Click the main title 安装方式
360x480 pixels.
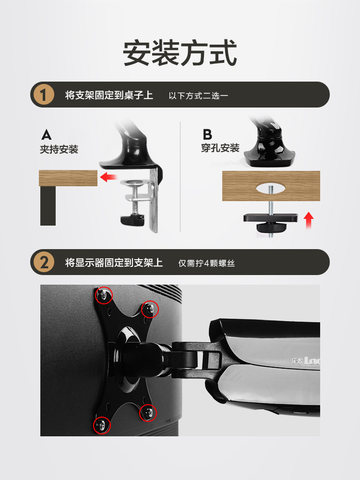pyautogui.click(x=180, y=53)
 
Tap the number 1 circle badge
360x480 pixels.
pyautogui.click(x=44, y=95)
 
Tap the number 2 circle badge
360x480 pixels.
pyautogui.click(x=44, y=262)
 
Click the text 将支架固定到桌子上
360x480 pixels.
pyautogui.click(x=109, y=95)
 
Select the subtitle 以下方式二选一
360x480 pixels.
pyautogui.click(x=198, y=96)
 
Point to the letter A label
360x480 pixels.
pyautogui.click(x=46, y=134)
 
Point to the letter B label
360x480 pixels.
pyautogui.click(x=207, y=134)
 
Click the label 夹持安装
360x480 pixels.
pyautogui.click(x=59, y=149)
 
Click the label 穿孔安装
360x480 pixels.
pyautogui.click(x=220, y=148)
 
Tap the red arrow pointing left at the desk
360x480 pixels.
pyautogui.click(x=108, y=177)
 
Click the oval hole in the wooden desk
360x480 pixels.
pyautogui.click(x=269, y=189)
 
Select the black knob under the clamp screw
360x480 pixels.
pyautogui.click(x=132, y=220)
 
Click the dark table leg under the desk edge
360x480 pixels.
pyautogui.click(x=48, y=206)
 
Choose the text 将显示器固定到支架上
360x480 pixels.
pyautogui.click(x=114, y=263)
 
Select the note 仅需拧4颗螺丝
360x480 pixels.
pyautogui.click(x=206, y=263)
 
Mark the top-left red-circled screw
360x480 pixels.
pyautogui.click(x=104, y=295)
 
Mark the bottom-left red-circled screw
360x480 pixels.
pyautogui.click(x=102, y=425)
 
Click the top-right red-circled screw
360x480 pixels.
pyautogui.click(x=150, y=309)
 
